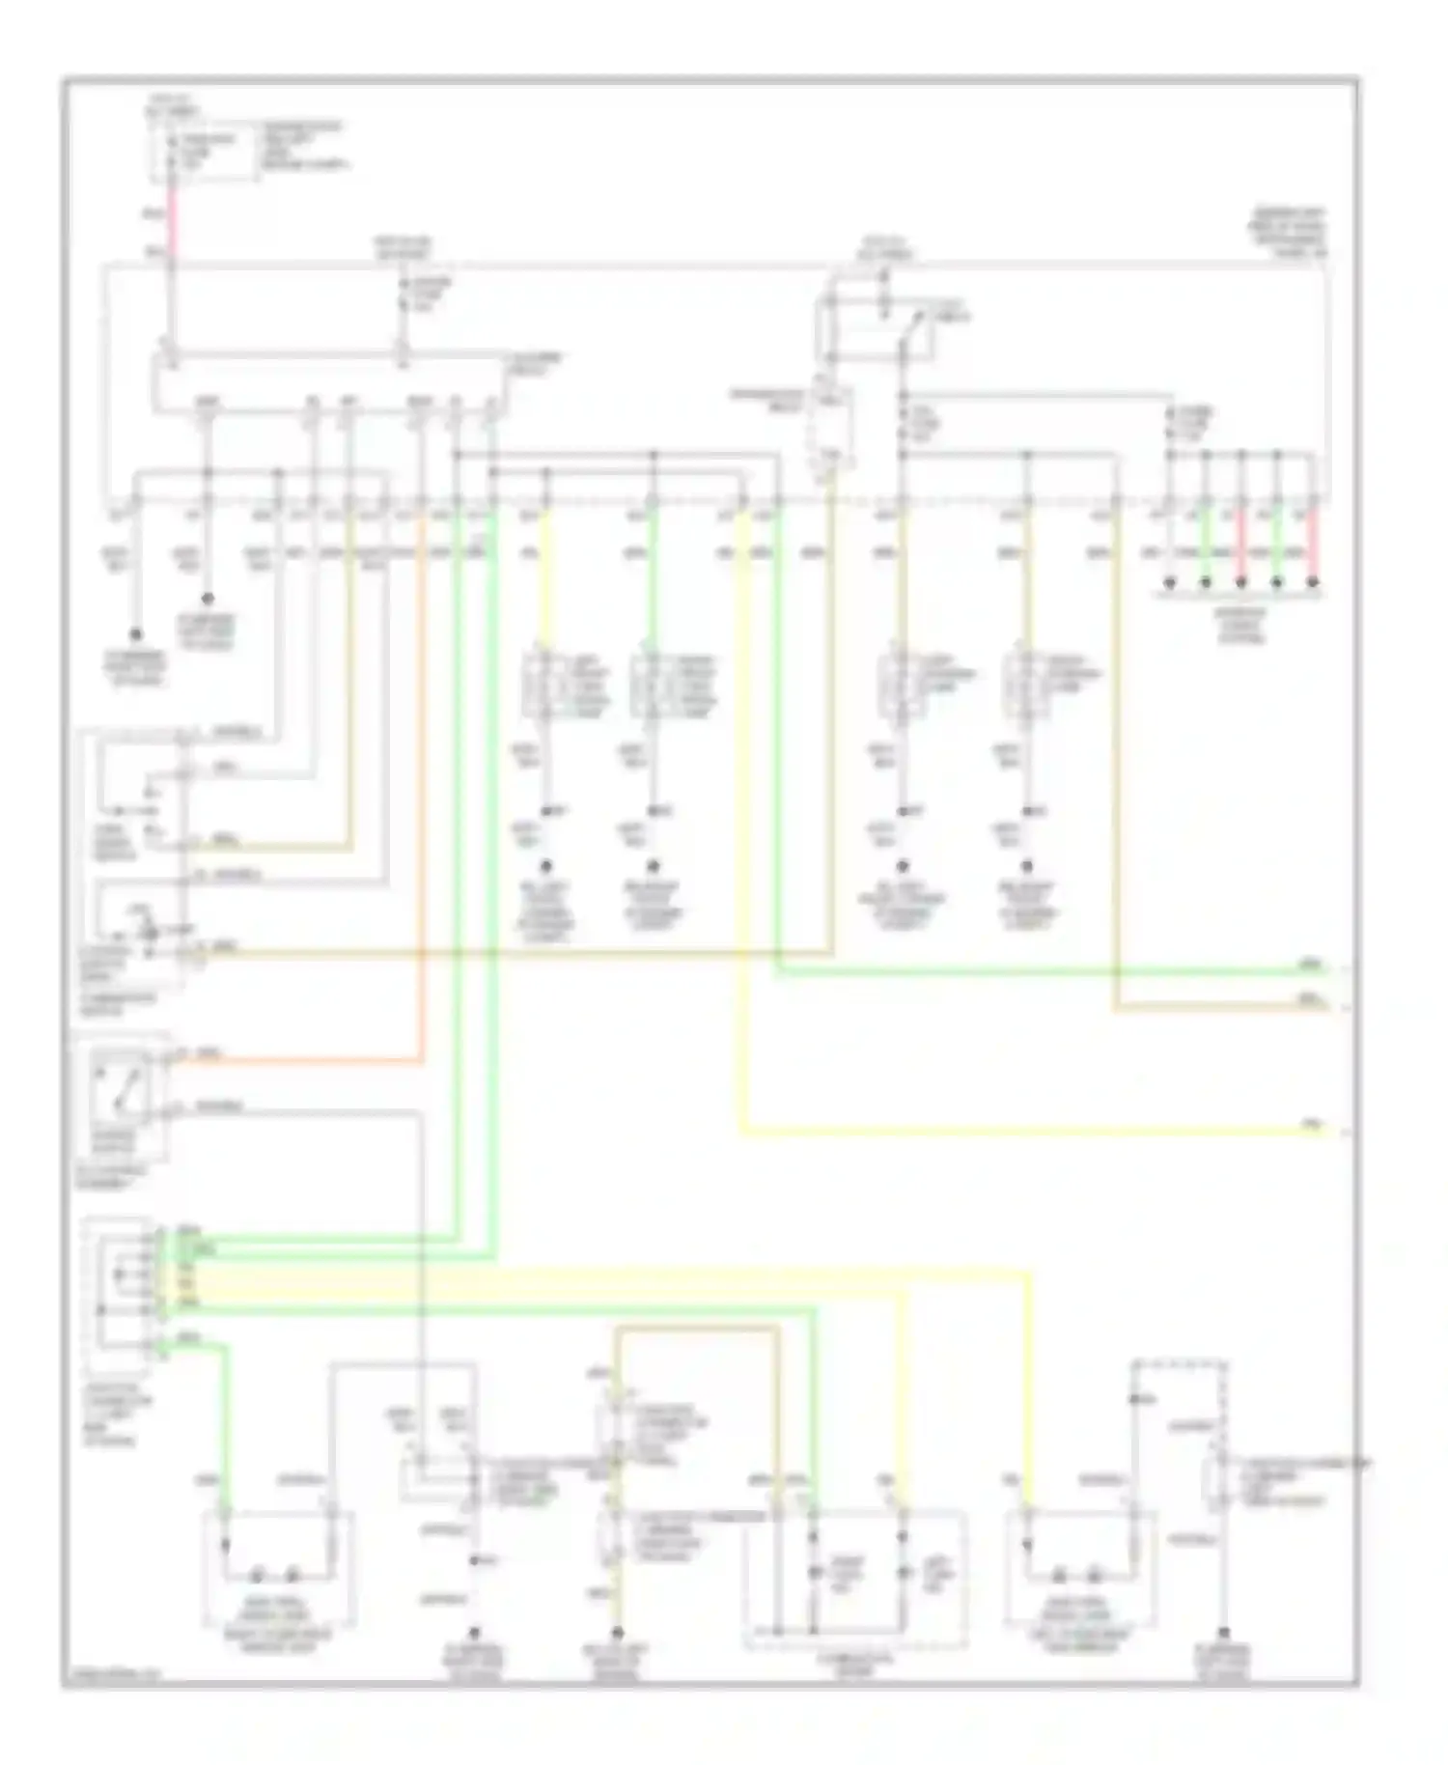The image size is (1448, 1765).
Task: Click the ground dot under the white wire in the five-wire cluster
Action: click(x=1169, y=583)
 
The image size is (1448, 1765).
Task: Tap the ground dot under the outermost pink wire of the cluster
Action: click(x=1313, y=583)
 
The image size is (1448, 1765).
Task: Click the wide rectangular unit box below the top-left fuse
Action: click(x=328, y=381)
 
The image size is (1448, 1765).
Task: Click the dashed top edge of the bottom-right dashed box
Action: click(x=1180, y=1363)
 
